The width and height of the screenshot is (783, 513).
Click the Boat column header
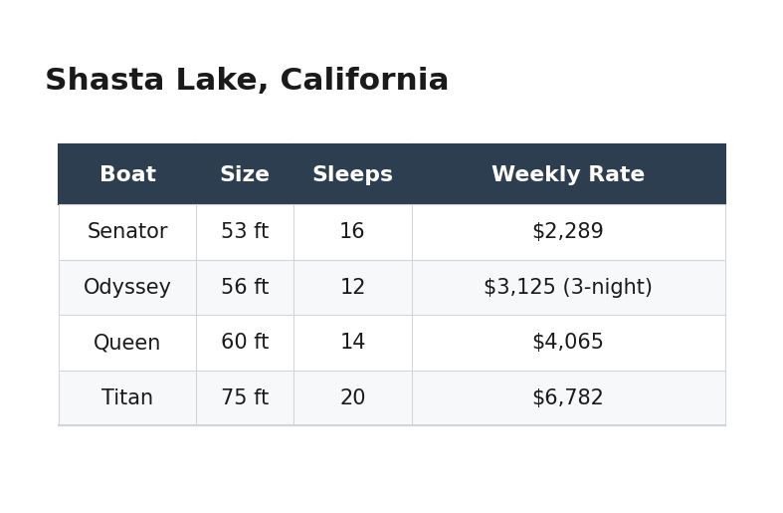(x=127, y=174)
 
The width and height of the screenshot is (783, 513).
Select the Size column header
(x=245, y=174)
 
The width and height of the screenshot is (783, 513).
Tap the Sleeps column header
(x=352, y=174)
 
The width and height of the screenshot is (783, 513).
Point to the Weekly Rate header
(x=568, y=174)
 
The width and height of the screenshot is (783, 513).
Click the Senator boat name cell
(x=127, y=232)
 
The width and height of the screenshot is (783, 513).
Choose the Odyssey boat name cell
(x=127, y=288)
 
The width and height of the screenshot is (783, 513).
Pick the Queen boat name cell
(x=127, y=343)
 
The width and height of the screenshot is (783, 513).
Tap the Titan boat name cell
(x=127, y=398)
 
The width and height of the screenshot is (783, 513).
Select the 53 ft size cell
(x=245, y=232)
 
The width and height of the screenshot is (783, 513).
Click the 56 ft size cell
(x=245, y=288)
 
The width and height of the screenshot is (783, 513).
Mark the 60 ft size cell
(x=245, y=343)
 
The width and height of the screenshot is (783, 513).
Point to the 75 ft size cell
(x=245, y=398)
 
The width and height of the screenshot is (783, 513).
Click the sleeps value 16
(x=352, y=232)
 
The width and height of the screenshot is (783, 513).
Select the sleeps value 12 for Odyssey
(x=352, y=288)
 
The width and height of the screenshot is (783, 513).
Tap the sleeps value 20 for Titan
(x=352, y=398)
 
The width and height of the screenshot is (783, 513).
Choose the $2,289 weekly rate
(x=568, y=232)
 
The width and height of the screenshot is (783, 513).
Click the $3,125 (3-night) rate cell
(x=568, y=288)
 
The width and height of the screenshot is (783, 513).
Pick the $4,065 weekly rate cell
(x=568, y=343)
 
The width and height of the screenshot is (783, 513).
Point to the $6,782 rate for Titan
(x=568, y=398)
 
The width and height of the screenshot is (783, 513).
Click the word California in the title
(x=364, y=81)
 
